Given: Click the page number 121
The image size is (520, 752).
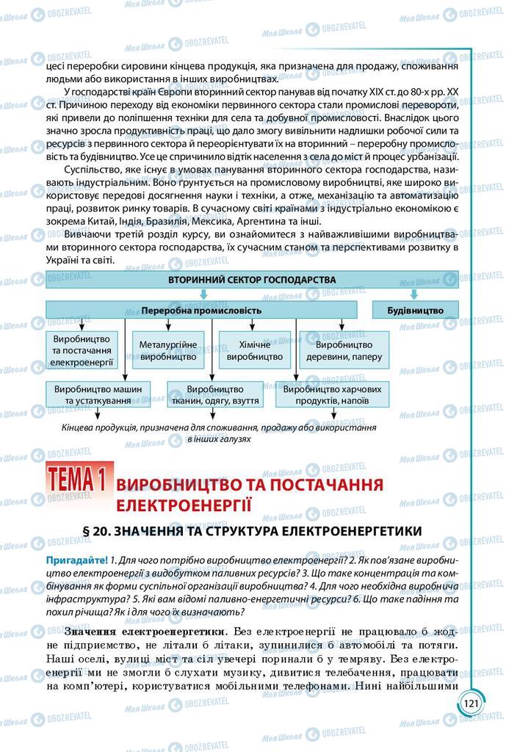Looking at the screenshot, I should [471, 704].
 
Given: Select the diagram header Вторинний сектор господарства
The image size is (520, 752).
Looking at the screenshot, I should [251, 280].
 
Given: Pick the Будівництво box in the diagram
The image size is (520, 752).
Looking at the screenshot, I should [416, 311].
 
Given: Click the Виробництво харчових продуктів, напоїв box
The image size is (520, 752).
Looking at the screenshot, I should [332, 394].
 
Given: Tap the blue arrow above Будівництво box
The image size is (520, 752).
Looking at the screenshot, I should [414, 294].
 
